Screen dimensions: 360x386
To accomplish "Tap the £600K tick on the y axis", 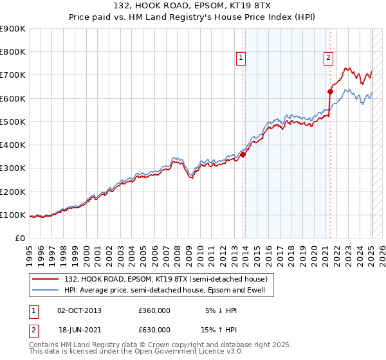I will pos(13,98).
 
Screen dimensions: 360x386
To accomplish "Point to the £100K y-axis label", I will pos(13,215).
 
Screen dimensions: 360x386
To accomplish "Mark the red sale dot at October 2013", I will pos(243,154).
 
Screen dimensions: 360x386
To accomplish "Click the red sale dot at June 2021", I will pos(330,91).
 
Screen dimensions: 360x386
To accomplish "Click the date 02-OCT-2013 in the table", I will pos(79,310).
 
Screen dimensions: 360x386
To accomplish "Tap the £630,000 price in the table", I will pos(154,330).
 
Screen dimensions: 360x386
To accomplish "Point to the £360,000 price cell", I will pos(154,310).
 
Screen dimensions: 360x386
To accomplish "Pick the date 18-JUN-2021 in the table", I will pos(79,330).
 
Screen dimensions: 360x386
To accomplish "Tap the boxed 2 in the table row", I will pos(33,330).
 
